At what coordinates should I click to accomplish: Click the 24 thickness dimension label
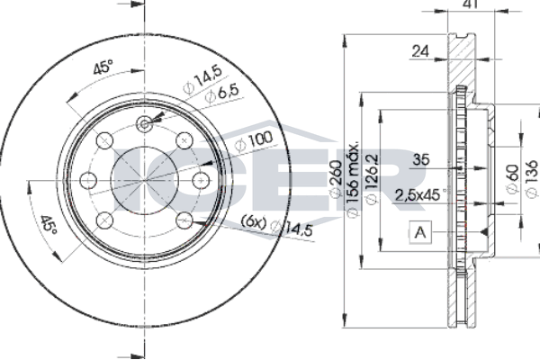point(420,51)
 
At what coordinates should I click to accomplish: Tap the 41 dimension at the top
point(471,4)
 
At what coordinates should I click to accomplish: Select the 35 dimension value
point(421,159)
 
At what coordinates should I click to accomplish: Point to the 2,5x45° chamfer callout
point(419,195)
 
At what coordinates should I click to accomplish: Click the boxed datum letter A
point(420,232)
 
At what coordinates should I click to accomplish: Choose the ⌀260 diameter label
point(336,179)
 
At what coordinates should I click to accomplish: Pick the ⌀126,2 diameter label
point(373,179)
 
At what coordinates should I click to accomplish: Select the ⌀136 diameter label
point(532,179)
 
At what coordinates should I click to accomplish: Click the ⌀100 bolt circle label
point(254,141)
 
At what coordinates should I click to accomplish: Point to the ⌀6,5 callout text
point(221,94)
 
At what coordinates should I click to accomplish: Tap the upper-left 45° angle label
point(103,67)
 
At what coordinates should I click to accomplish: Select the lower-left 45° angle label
point(48,225)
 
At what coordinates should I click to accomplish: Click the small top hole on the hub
point(144,124)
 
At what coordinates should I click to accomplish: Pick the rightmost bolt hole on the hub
point(201,180)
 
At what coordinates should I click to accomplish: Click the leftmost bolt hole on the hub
point(88,180)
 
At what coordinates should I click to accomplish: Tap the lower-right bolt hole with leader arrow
point(184,220)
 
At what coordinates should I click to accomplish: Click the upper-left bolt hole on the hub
point(104,140)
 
